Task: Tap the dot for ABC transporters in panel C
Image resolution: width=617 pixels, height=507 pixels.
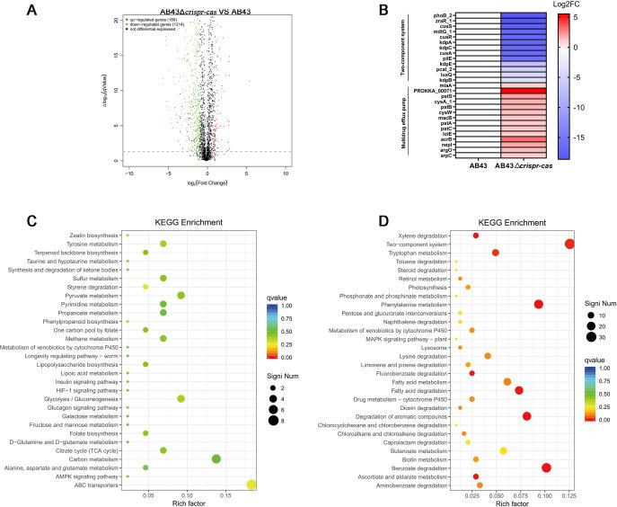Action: click(251, 485)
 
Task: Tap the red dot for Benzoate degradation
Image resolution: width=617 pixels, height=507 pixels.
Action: click(546, 467)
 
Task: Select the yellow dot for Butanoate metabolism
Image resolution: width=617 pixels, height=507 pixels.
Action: click(503, 450)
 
